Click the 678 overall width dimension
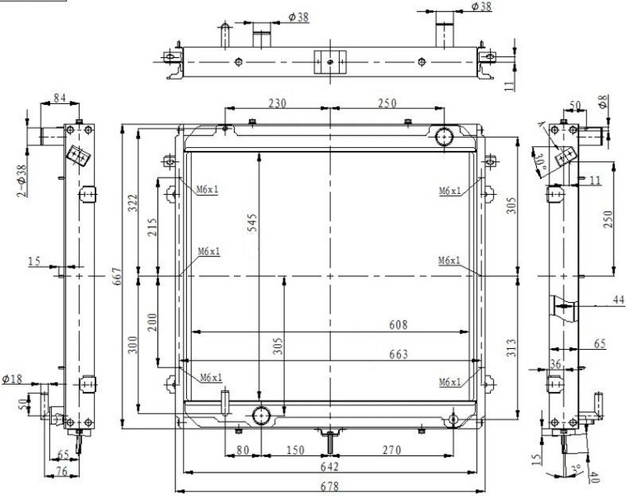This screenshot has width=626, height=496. coord(329,487)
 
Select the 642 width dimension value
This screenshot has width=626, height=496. coord(329,466)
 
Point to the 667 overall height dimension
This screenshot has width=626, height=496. coord(117,276)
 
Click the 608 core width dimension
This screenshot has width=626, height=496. coord(398,325)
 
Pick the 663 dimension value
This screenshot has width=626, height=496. coord(398,354)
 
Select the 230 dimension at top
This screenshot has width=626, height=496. coord(277,103)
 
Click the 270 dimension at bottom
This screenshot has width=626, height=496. coord(392,450)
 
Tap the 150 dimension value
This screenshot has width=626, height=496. coord(295,450)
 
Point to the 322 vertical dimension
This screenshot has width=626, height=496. coord(132,203)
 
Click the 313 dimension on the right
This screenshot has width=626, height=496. coord(511,347)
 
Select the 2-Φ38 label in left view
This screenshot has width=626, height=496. coord(22,181)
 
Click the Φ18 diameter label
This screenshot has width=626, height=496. coord(12,379)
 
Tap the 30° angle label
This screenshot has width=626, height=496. coord(540,165)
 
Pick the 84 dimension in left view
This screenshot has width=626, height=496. coord(59,98)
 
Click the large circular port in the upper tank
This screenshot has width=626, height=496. coord(444,137)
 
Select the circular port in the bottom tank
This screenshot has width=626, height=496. coord(261,415)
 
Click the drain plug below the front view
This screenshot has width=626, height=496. coord(330,443)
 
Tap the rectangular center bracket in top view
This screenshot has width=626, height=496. coord(329,62)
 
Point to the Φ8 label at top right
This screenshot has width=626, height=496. coord(603,102)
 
